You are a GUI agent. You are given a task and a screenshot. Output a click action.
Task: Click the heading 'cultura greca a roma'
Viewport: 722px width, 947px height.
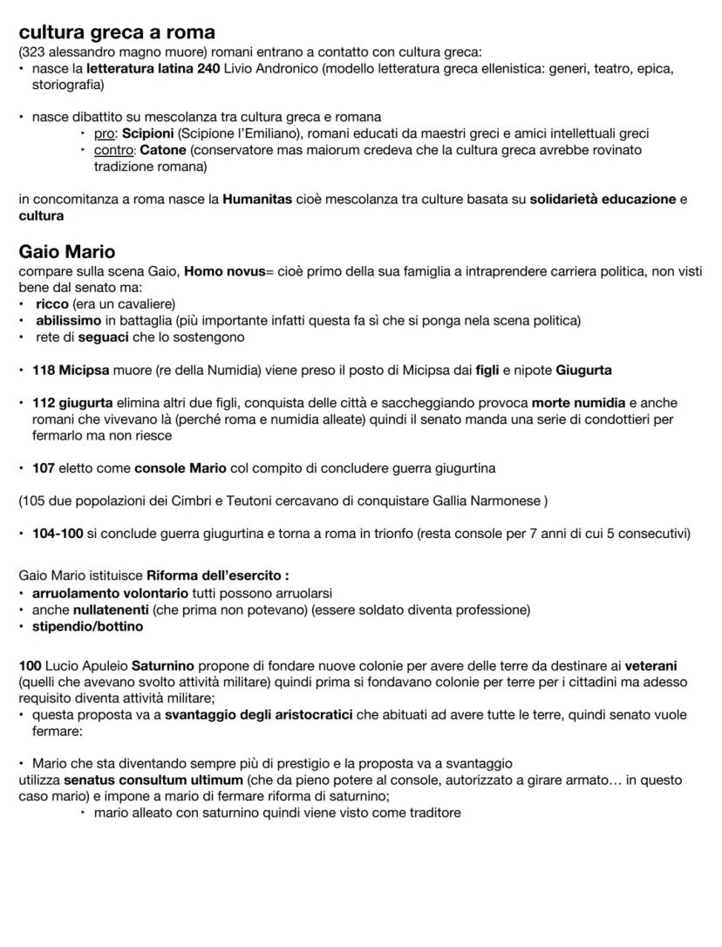coord(117,32)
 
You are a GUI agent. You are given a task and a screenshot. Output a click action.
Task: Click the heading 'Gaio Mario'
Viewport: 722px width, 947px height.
coord(67,252)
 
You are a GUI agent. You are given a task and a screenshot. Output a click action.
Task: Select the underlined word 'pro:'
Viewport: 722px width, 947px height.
coord(106,134)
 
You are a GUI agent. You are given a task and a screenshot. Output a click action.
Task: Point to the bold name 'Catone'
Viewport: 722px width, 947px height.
coord(163,150)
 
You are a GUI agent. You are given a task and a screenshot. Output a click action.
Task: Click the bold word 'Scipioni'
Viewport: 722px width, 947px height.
coord(149,134)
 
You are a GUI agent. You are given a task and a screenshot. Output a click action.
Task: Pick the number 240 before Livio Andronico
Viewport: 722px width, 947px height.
coord(208,68)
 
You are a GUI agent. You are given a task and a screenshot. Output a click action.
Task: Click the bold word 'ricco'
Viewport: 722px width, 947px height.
coord(52,304)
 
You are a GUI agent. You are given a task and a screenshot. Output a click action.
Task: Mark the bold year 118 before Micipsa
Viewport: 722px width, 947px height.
coord(44,370)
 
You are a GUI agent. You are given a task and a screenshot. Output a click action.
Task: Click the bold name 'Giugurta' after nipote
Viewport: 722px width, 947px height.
coord(583,370)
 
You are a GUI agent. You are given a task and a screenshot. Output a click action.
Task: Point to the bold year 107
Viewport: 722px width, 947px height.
coord(44,468)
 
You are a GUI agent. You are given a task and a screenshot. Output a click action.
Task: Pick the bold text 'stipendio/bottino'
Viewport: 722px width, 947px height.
coord(89,626)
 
